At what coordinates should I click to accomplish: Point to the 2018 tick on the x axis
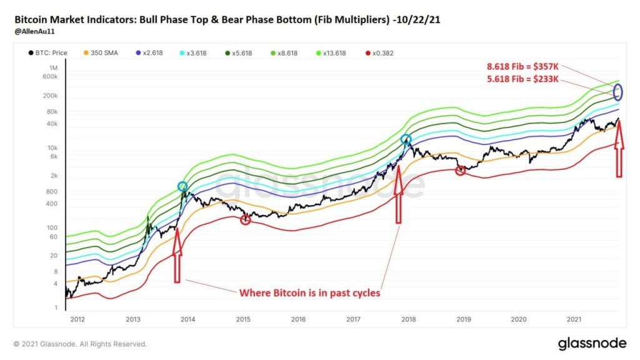click(409, 319)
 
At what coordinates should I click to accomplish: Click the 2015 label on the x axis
click(243, 319)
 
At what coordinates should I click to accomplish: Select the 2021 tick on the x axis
click(574, 319)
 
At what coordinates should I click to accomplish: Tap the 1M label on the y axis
click(53, 67)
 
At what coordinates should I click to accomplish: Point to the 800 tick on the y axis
click(52, 191)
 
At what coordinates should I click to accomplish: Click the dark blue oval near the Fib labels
click(617, 92)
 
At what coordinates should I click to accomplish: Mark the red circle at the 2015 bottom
click(245, 219)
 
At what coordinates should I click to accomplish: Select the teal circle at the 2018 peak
click(406, 140)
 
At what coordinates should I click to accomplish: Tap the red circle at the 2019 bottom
click(460, 171)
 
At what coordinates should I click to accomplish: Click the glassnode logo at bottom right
click(591, 344)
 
